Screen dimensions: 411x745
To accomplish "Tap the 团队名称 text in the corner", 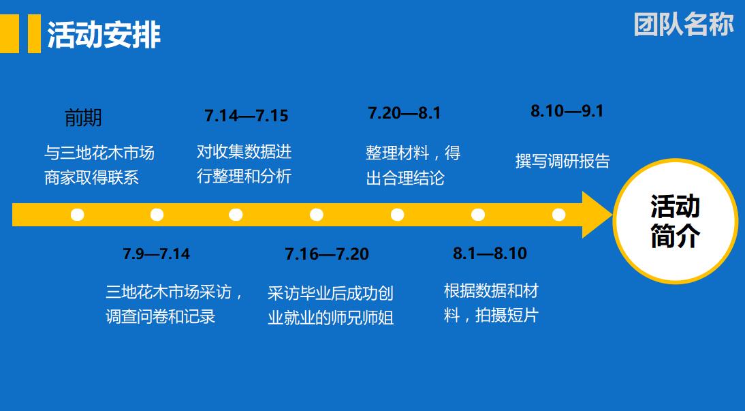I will pos(684,24).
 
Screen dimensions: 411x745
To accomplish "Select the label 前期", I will pos(83,118).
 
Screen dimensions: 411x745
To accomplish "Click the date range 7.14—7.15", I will pos(247,116).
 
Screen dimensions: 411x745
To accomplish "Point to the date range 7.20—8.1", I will pos(405,113).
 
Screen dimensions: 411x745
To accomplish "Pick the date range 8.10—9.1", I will pos(567,110).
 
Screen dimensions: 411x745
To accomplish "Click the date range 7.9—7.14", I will pos(156,254).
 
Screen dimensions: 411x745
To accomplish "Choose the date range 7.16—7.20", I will pos(327,254).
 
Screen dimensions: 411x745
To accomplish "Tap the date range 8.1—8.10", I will pos(490,254).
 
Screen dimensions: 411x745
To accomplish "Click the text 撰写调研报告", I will pos(562,162).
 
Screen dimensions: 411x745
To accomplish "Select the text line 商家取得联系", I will pos(92,177).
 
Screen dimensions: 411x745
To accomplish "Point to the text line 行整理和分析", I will pos(244,176).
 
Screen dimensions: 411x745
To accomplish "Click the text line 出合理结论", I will pos(405,179).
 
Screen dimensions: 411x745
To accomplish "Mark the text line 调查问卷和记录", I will pos(161,317).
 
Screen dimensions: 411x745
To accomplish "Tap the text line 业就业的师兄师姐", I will pos(331,318).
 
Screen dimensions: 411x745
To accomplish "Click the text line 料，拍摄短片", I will pos(491,316).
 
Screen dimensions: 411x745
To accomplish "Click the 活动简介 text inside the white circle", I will pos(675,222).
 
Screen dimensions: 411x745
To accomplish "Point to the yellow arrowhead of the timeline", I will pos(597,215).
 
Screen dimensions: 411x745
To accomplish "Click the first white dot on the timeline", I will pos(78,215).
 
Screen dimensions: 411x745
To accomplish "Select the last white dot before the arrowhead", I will pos(558,215).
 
